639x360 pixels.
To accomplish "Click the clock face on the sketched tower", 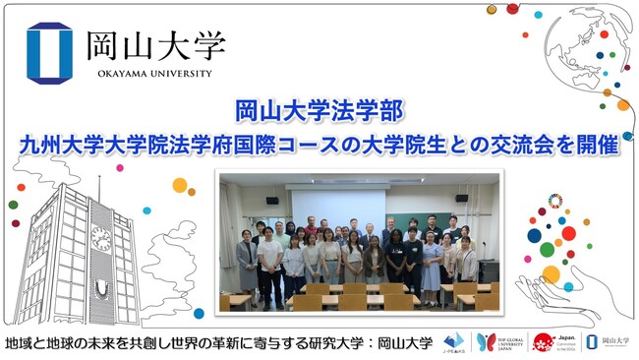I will tap(100, 237).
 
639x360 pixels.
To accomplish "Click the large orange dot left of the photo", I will tap(179, 185).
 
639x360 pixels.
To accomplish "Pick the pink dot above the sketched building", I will tap(120, 168).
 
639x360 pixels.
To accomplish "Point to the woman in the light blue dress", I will tap(433, 261).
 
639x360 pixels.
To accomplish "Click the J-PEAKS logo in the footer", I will tap(454, 342).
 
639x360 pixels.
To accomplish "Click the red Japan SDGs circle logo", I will tap(544, 342).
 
